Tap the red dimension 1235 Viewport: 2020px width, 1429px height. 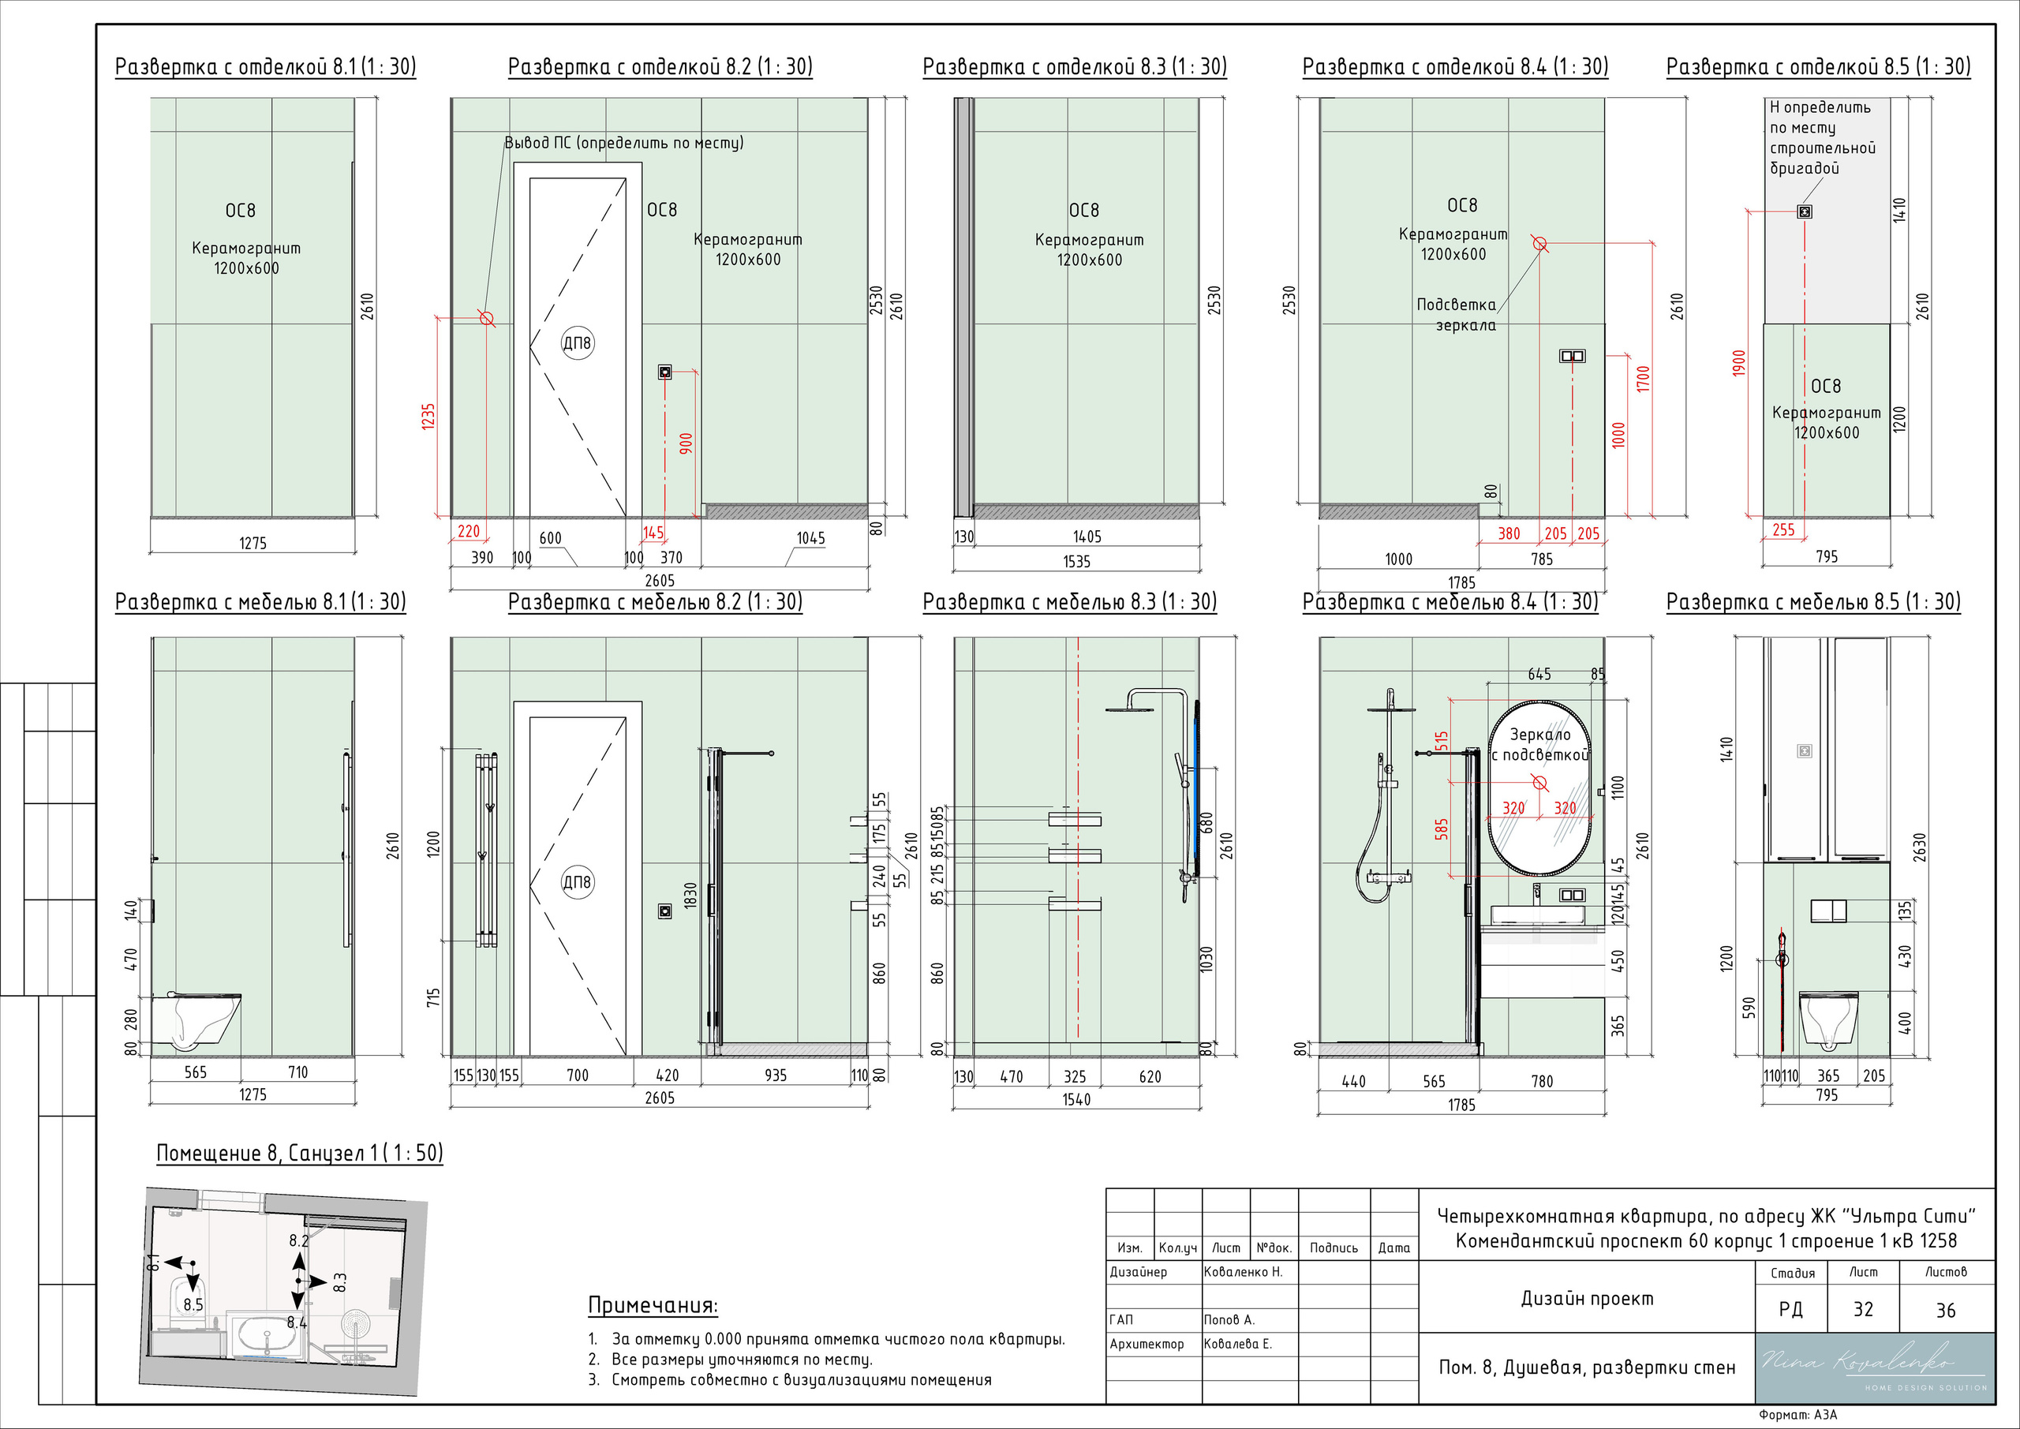coord(428,416)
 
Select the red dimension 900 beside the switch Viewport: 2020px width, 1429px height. coord(686,443)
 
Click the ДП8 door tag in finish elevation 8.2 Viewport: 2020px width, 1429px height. coord(577,342)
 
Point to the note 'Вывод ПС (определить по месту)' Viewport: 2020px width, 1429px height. coord(624,143)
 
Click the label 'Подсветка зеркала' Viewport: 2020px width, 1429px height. coord(1456,315)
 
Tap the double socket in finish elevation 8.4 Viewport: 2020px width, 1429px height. coord(1572,357)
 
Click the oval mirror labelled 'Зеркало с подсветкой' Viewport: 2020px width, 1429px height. coord(1539,788)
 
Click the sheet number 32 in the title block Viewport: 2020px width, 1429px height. coord(1862,1309)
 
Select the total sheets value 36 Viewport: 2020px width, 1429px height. coord(1945,1310)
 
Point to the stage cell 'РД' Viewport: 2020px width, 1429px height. coord(1790,1309)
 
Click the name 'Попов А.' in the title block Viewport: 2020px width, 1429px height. coord(1229,1320)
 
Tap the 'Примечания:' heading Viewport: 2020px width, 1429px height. coord(653,1305)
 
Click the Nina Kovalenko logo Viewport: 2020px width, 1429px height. coord(1875,1367)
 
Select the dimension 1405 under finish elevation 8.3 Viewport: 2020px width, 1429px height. coord(1087,537)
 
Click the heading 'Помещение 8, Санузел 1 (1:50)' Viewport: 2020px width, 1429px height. coord(299,1154)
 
